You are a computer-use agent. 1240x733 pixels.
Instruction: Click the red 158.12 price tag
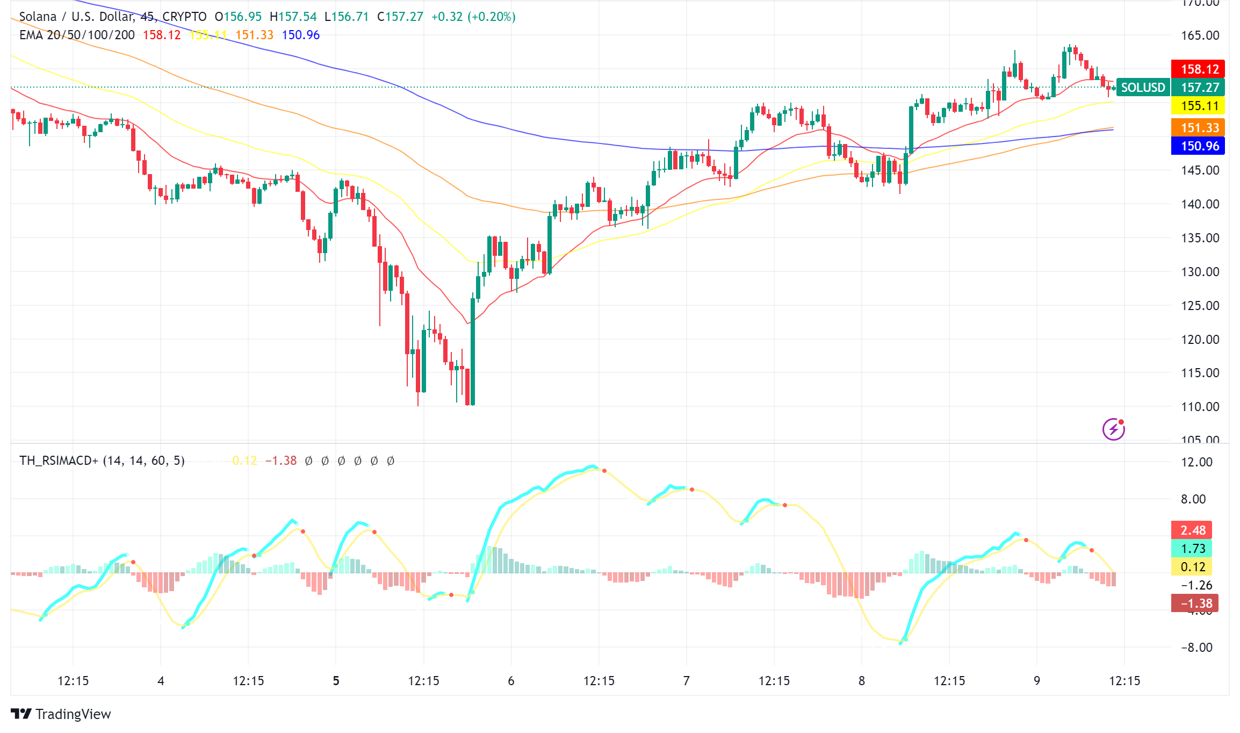1198,69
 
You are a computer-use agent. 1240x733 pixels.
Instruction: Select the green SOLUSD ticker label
1143,87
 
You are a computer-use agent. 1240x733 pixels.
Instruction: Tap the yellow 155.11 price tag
1198,106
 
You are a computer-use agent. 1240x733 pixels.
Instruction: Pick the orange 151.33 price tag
1198,127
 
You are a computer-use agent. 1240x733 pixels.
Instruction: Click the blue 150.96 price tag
1198,146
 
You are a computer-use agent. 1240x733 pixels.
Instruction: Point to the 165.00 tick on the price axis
1200,35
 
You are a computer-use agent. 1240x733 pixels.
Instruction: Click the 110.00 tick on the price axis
1200,407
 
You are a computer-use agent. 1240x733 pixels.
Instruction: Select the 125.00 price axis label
1200,306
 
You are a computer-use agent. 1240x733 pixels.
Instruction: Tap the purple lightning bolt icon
1113,429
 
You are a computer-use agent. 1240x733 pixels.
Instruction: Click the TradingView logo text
73,714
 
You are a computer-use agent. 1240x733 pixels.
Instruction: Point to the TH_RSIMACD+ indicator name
59,461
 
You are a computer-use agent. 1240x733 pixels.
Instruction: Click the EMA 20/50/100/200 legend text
77,35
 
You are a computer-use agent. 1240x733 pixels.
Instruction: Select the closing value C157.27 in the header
400,17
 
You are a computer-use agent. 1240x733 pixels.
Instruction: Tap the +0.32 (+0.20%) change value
473,17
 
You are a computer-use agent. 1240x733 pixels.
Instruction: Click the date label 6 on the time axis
511,681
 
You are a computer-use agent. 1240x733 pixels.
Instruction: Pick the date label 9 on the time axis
1037,681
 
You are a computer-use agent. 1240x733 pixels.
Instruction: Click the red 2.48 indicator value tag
1192,530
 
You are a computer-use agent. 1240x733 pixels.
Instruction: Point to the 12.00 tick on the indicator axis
1196,462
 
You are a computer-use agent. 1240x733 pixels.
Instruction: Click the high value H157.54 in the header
293,17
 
